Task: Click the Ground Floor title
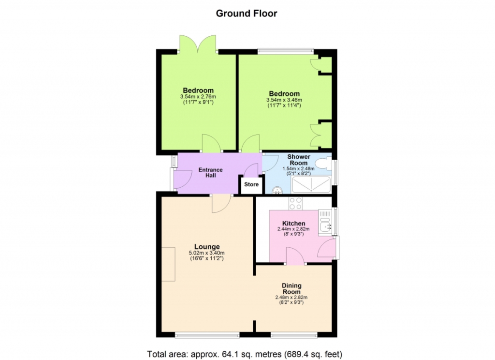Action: point(246,13)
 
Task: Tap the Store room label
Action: point(251,184)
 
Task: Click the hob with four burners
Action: point(295,203)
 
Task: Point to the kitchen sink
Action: point(324,223)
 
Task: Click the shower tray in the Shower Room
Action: point(311,184)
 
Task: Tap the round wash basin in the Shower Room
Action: point(277,190)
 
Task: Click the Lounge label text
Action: point(207,246)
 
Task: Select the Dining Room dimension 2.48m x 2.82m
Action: point(291,298)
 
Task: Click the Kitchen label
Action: point(293,224)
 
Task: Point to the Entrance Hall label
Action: point(211,173)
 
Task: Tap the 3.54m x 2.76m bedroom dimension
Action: point(198,97)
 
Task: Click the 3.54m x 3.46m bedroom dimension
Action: point(284,100)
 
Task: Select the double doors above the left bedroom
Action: point(198,44)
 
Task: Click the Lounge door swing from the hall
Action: point(221,204)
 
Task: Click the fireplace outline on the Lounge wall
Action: point(169,264)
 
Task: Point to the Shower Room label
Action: point(299,160)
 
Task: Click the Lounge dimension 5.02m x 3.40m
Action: point(207,253)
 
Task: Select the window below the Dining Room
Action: point(294,335)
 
